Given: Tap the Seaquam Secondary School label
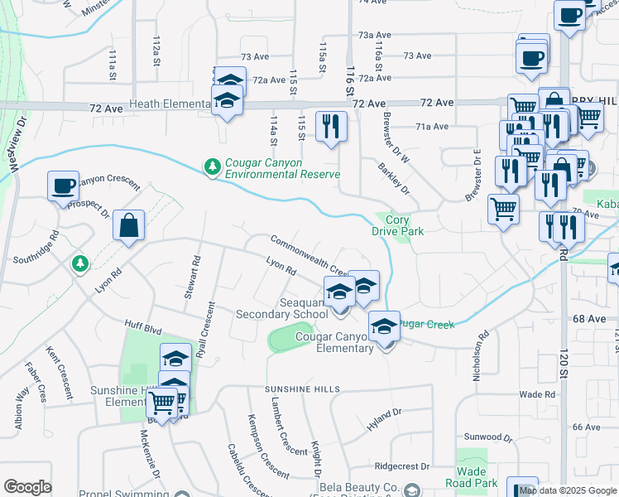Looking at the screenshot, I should click(x=281, y=309).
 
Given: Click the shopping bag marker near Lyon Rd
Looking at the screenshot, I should click(x=129, y=226).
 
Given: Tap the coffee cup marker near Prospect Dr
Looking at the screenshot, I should click(x=63, y=186).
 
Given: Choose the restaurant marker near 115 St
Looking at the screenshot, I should click(x=331, y=127).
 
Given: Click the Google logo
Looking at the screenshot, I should click(x=27, y=487).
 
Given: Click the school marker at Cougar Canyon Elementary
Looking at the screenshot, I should click(x=384, y=326).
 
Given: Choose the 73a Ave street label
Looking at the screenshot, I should click(x=374, y=36).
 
